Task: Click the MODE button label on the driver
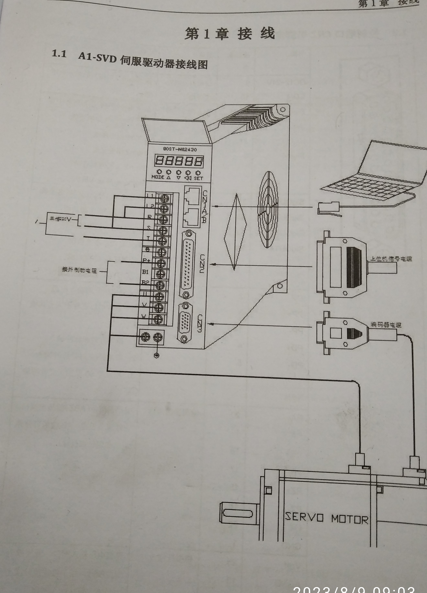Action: pos(158,177)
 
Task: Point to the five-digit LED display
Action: pos(179,161)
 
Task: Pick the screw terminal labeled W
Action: pos(158,319)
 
